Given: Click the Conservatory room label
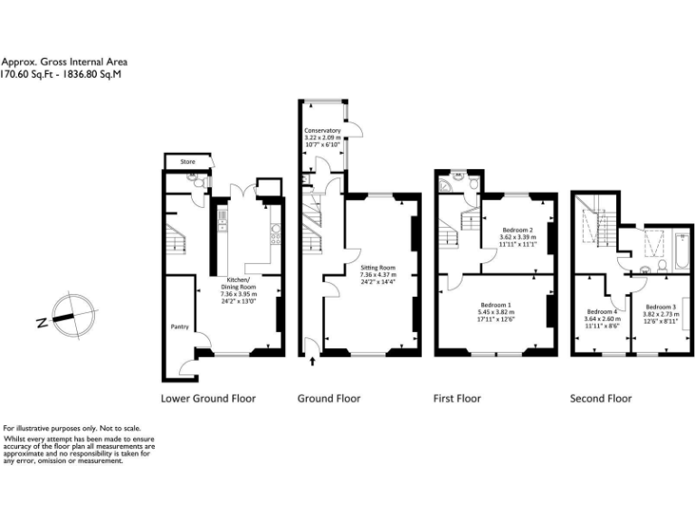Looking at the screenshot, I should (x=322, y=130).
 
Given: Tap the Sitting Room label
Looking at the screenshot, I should (x=377, y=269).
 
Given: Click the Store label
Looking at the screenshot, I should (x=187, y=162).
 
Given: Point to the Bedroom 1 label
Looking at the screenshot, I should (x=496, y=306).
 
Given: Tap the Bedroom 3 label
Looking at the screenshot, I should (x=661, y=307).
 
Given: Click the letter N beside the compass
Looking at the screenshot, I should (x=42, y=321).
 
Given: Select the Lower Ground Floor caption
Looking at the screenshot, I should (x=208, y=398).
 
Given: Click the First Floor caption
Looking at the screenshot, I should (x=457, y=398).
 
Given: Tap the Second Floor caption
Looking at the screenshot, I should (x=600, y=398).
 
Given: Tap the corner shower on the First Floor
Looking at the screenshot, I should (x=444, y=187).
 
